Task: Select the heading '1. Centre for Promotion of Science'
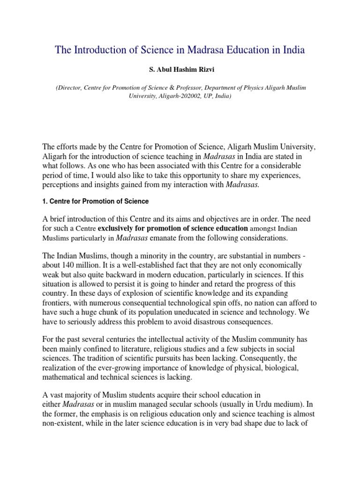(96, 202)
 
